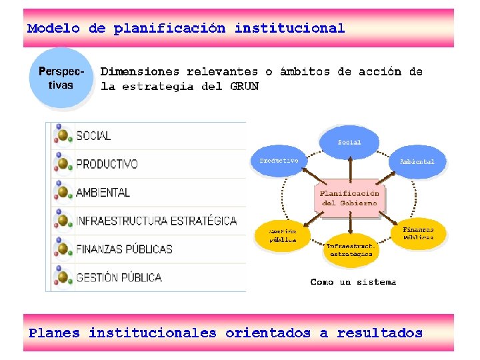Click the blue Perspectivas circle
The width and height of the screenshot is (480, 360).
tap(61, 78)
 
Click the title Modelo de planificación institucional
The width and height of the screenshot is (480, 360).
tap(186, 29)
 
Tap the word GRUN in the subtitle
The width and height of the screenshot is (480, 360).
tap(244, 86)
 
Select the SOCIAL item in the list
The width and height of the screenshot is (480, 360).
tap(94, 135)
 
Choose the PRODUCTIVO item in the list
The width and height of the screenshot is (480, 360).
tap(107, 164)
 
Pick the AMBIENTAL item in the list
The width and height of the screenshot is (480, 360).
tap(103, 192)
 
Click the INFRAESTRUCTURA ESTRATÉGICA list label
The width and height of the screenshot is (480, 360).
tap(156, 221)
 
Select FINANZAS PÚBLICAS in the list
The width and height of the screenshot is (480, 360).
tap(124, 249)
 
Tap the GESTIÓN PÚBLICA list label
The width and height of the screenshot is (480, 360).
tap(119, 277)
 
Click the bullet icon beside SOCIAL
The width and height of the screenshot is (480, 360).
tap(63, 135)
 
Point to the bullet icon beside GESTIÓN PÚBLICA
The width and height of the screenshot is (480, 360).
tap(63, 277)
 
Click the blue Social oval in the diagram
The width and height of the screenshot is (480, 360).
tap(349, 142)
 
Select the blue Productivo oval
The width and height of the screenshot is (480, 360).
tap(279, 161)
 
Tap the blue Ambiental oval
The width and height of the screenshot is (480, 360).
tap(417, 162)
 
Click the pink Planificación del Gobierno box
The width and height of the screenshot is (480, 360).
tap(349, 198)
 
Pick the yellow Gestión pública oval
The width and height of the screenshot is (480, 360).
tap(283, 235)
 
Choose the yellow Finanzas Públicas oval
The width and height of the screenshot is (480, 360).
tap(418, 233)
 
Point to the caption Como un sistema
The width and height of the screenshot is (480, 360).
tap(353, 282)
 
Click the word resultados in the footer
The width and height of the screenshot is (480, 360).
tap(379, 333)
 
